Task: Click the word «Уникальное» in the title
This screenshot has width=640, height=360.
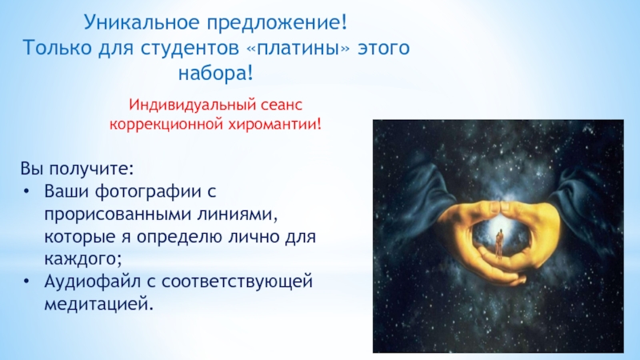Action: [x=142, y=22]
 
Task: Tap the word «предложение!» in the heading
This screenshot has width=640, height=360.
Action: [x=278, y=23]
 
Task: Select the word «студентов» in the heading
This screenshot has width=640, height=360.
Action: [x=190, y=49]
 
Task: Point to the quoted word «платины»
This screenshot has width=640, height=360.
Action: [x=298, y=48]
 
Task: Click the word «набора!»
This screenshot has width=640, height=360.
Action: [x=215, y=74]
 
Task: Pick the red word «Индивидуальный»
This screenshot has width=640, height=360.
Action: [x=186, y=106]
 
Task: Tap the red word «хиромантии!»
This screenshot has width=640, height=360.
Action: [x=274, y=124]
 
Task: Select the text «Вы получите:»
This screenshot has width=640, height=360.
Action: [x=77, y=169]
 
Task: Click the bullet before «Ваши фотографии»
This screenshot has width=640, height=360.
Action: [x=26, y=191]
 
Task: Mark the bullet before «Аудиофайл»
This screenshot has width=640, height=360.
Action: [x=26, y=281]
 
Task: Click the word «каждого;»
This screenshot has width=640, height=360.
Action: [x=83, y=259]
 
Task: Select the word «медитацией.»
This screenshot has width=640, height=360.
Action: [x=98, y=304]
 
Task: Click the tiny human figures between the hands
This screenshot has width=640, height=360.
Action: [x=498, y=244]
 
